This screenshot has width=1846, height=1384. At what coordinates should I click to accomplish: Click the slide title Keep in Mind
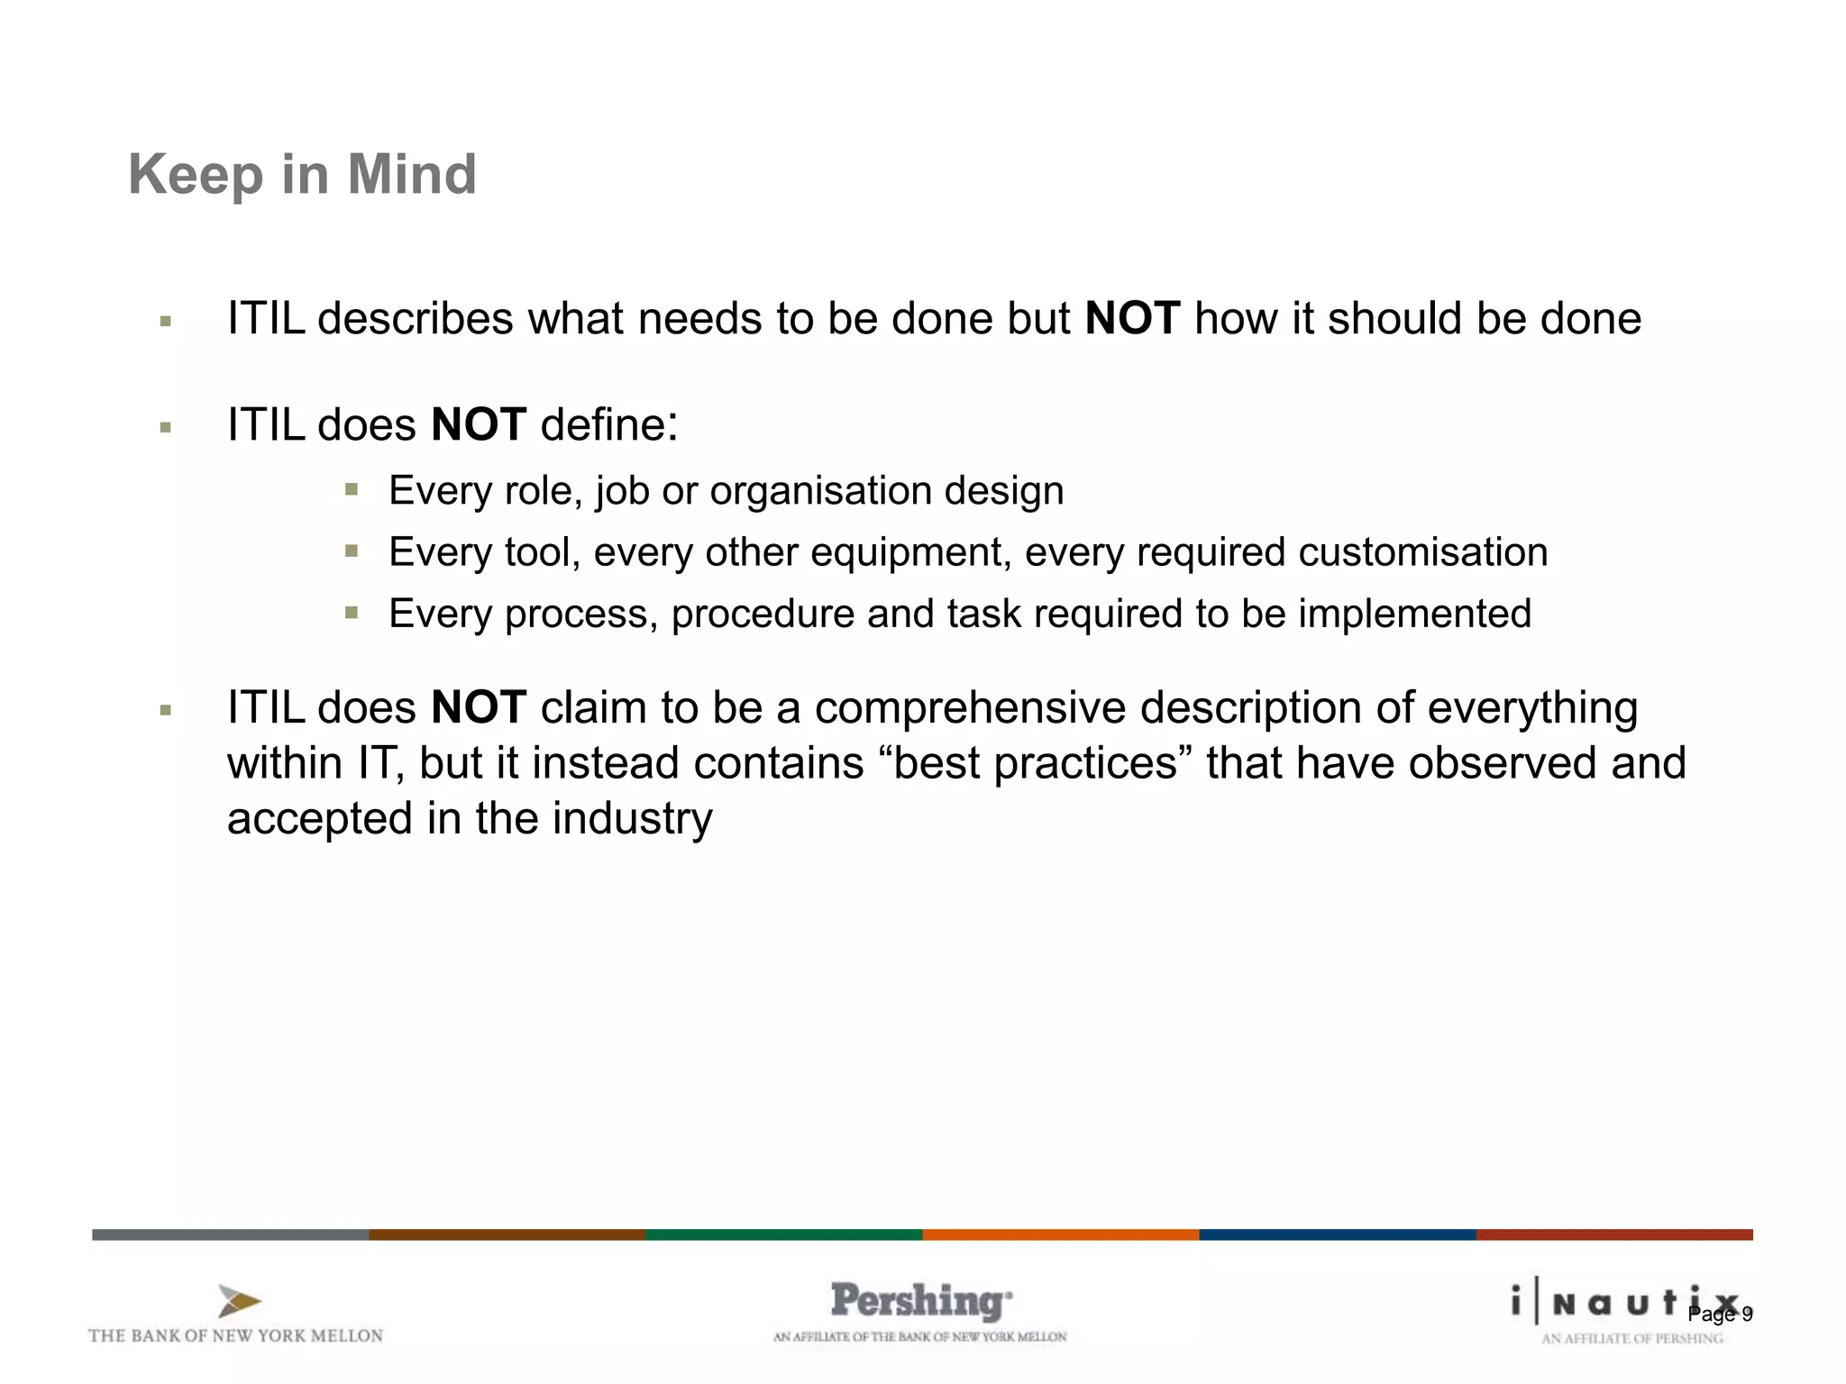[302, 174]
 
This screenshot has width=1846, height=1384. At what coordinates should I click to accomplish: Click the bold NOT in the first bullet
[1132, 318]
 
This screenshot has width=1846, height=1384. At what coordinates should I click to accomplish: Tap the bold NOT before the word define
[479, 424]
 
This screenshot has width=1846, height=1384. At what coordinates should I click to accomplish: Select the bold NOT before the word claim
[479, 707]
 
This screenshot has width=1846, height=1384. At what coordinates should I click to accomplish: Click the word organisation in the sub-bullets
[820, 491]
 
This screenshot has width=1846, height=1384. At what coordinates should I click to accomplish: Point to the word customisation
[1423, 552]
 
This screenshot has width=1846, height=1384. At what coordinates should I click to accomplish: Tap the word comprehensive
[970, 707]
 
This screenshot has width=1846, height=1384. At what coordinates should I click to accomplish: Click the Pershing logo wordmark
[920, 1302]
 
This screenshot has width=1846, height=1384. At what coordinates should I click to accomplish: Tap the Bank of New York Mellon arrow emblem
[239, 1302]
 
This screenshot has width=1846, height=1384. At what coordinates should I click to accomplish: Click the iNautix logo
[1613, 1303]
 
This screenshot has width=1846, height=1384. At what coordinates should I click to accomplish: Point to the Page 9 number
[1720, 1315]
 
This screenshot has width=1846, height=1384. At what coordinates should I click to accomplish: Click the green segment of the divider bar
[783, 1234]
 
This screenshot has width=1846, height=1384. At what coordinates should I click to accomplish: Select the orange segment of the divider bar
[1060, 1234]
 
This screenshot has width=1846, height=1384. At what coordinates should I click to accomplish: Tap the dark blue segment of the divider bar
[1337, 1234]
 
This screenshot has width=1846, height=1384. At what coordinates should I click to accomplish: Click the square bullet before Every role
[352, 490]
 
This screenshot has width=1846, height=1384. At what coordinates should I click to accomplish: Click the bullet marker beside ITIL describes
[165, 321]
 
